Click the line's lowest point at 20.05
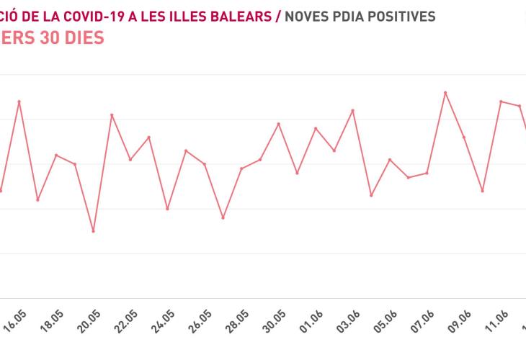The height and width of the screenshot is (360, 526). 93,231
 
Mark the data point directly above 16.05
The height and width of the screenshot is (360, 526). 19,102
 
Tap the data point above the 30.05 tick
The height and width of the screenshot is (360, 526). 279,124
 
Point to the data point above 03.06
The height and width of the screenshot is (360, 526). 352,110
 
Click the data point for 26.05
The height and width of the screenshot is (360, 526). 205,164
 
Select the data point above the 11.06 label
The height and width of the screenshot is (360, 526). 501,102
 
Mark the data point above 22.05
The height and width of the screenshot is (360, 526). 130,159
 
